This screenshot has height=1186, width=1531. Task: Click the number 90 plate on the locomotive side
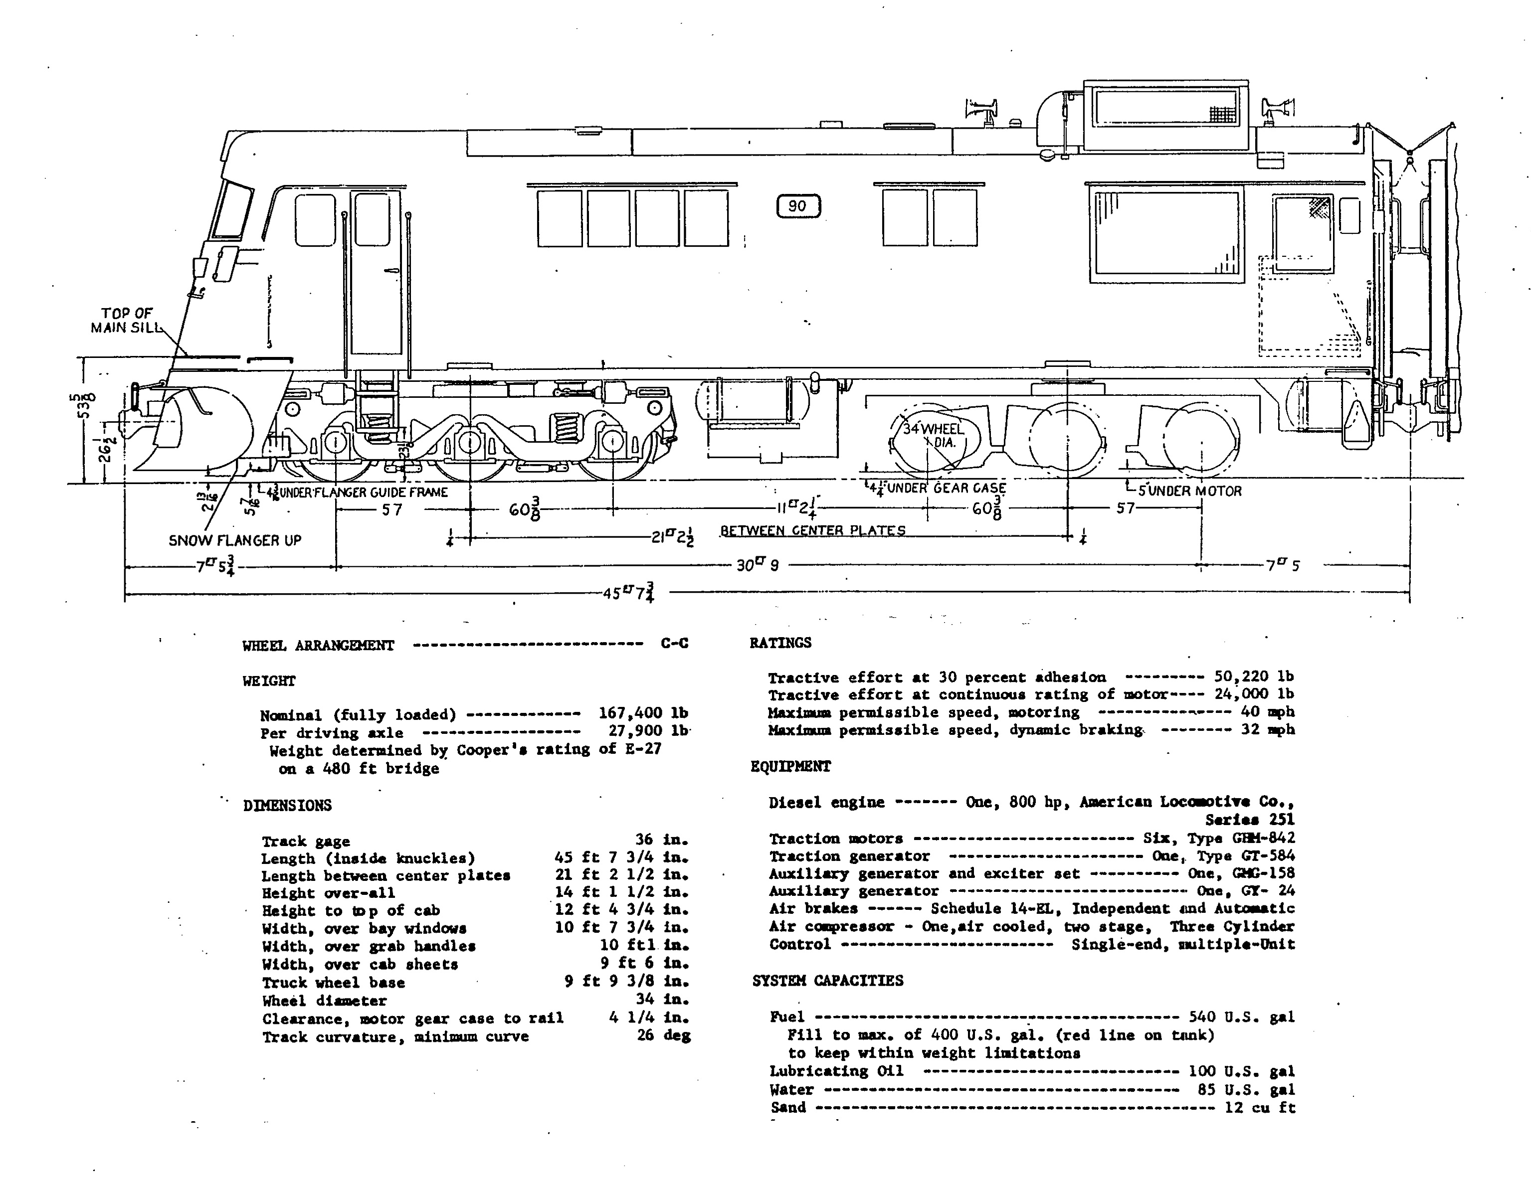798,206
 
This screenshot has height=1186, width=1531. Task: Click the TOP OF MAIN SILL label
126,321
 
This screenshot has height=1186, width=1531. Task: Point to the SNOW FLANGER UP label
235,540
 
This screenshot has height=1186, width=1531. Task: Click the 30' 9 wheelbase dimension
757,565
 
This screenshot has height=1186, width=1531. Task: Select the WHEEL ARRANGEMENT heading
318,646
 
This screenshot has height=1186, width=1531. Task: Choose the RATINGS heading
780,643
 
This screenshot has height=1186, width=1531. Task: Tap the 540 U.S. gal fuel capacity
1241,1017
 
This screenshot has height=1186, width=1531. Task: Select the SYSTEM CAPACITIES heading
828,981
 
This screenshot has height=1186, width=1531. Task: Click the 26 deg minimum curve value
663,1035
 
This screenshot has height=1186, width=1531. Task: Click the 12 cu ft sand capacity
1260,1108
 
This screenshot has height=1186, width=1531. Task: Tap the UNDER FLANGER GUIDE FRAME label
358,492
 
